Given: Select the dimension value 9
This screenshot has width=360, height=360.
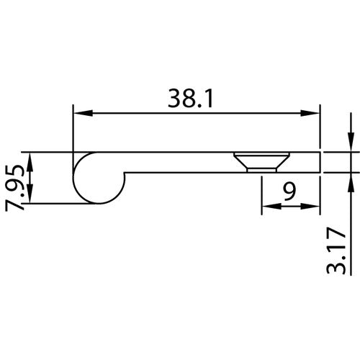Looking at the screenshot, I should pos(288,192).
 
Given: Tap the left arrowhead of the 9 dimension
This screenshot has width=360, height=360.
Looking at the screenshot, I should pos(268,207).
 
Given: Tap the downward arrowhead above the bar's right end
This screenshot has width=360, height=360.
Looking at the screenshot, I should pos(349,144).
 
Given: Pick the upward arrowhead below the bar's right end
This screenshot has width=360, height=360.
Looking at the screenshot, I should pos(349,180).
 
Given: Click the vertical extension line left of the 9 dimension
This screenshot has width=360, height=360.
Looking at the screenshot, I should pos(261,194).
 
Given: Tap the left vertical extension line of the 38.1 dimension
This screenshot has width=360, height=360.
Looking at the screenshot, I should pos(74,130).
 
